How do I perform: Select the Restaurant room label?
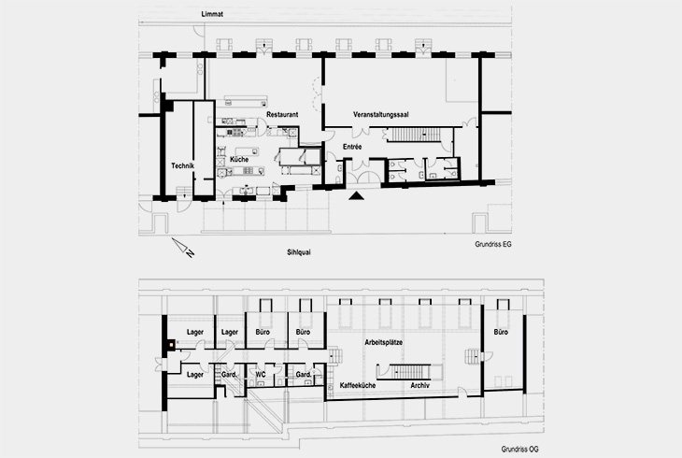click(281, 114)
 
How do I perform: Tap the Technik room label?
click(182, 165)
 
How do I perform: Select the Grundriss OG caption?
click(492, 449)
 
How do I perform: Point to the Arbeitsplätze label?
click(383, 344)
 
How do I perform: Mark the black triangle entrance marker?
click(355, 196)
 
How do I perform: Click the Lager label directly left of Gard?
click(195, 375)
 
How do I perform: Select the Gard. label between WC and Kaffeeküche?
click(303, 375)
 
